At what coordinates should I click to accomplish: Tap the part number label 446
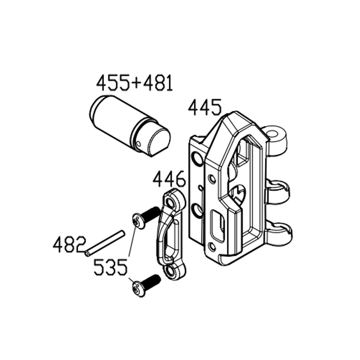click(169, 179)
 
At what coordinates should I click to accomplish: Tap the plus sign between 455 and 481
click(135, 84)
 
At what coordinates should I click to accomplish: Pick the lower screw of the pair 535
click(145, 284)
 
